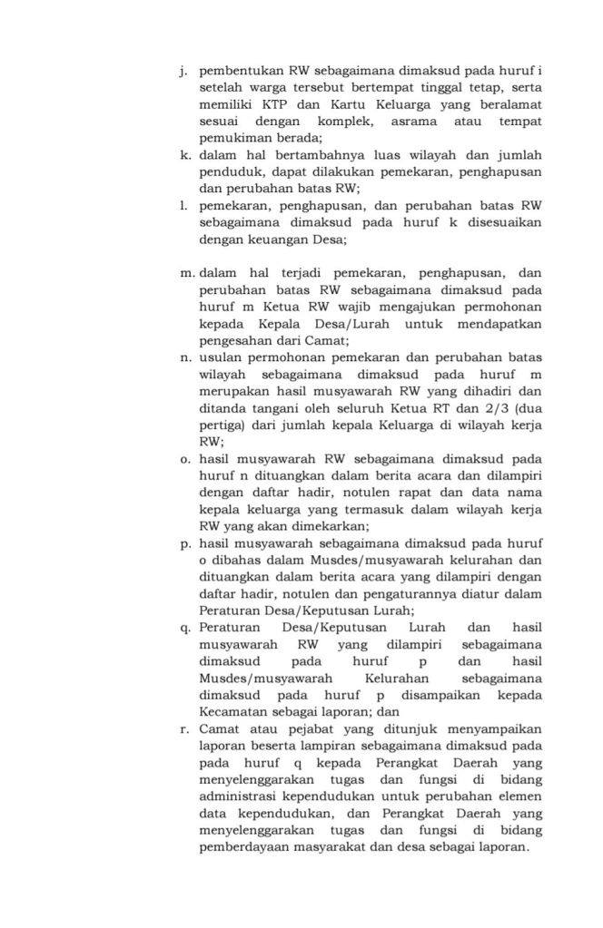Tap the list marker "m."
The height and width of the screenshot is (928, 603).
point(187,271)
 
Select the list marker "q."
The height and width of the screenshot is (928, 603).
point(185,627)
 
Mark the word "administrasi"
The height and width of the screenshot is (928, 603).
point(237,796)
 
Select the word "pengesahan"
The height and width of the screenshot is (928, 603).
point(236,341)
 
